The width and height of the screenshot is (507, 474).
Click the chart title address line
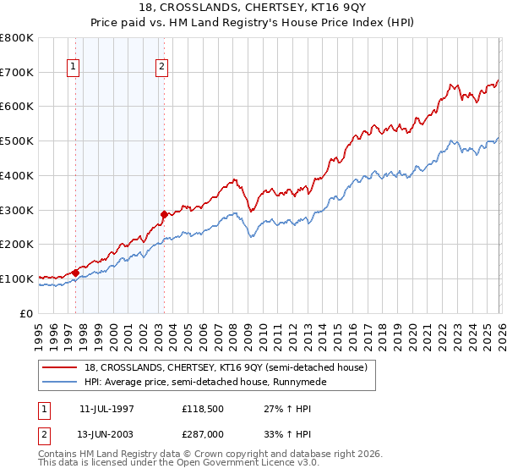tap(253, 7)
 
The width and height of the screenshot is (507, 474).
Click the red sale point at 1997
tap(76, 273)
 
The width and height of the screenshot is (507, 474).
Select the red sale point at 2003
tap(164, 214)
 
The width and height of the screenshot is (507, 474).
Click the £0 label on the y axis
tap(26, 313)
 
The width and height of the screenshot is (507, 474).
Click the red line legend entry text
tap(226, 368)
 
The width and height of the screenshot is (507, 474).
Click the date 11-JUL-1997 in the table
tap(106, 409)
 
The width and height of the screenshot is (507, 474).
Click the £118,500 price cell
tap(200, 409)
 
